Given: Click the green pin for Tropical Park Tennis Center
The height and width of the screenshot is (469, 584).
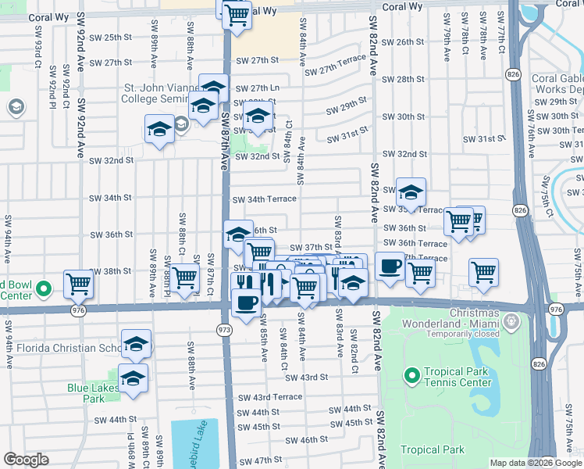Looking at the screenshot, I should tap(411, 376).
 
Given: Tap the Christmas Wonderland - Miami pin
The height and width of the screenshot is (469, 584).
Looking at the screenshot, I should tap(511, 320).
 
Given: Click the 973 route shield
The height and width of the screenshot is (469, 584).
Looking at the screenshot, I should tap(223, 331).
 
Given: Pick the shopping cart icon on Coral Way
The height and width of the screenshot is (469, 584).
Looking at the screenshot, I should tap(237, 14).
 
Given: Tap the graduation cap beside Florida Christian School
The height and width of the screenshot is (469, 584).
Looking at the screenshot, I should tap(137, 344).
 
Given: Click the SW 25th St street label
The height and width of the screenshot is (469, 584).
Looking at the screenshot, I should tap(112, 37).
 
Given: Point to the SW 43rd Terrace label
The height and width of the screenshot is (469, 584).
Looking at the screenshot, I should tap(266, 397).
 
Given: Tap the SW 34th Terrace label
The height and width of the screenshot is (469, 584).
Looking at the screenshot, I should tap(265, 199).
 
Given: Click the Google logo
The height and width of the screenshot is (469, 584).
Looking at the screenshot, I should tap(25, 460).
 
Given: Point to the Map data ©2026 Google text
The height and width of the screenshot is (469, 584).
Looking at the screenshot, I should tap(536, 463).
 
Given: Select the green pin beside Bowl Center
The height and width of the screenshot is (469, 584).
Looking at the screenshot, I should tap(45, 289).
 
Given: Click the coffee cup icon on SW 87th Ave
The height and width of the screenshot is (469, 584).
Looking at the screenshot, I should tap(247, 303).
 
